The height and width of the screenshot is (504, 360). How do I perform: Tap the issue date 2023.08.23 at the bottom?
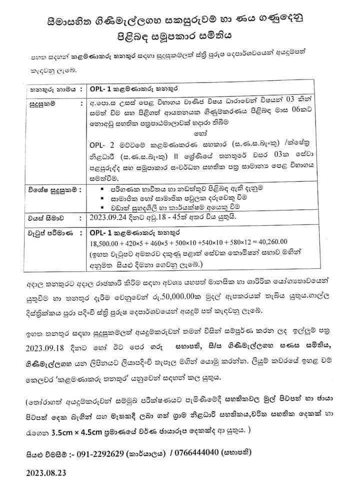tap(43, 472)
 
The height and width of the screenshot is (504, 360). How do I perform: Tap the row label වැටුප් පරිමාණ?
tap(47, 233)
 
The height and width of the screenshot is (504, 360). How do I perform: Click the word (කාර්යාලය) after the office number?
tap(148, 452)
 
